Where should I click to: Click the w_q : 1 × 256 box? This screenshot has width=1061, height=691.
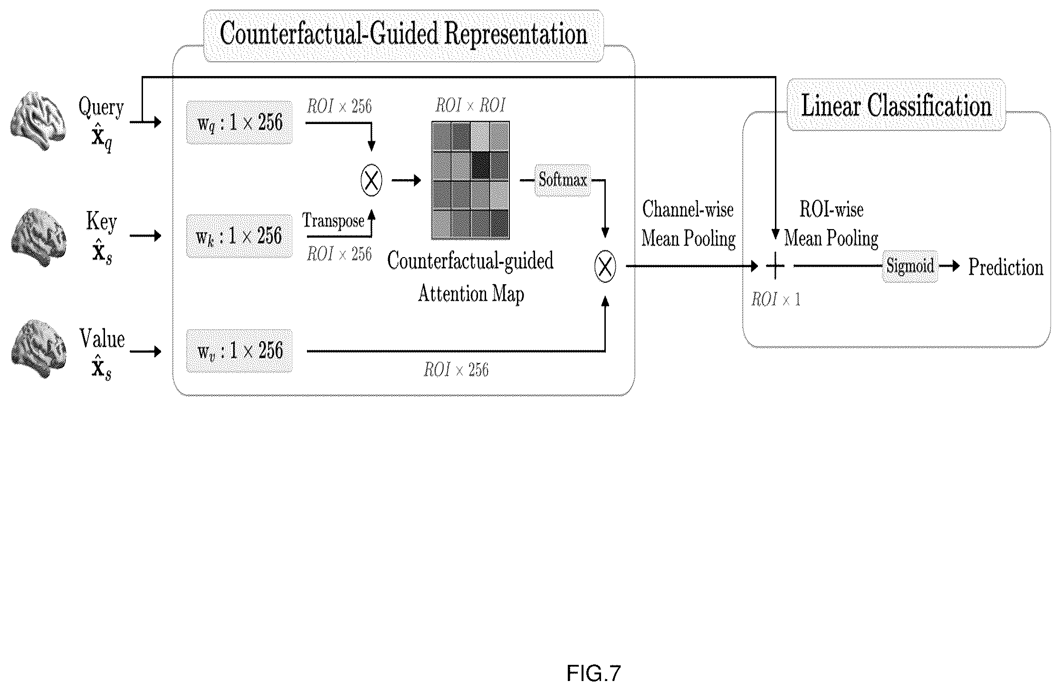pos(239,123)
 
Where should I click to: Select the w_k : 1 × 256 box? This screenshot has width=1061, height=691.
pos(239,236)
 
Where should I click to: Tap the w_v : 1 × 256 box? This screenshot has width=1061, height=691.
pos(239,351)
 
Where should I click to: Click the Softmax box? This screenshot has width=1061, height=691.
pos(563,181)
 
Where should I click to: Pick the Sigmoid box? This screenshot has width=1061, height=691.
pos(910,267)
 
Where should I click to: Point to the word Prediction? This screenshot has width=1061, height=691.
pos(1006,268)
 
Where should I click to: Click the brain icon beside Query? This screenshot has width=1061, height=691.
pos(38,122)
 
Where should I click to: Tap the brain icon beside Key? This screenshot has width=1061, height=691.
pos(38,236)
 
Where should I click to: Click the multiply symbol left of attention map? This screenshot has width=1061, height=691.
pos(371,181)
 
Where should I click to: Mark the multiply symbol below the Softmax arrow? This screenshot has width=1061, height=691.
pos(605,267)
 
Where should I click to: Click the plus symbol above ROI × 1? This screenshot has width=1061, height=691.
pos(775,266)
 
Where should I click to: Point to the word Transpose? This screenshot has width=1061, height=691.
pos(334,221)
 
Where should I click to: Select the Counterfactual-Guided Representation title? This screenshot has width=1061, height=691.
pos(403,34)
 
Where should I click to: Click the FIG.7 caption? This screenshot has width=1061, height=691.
pos(593,673)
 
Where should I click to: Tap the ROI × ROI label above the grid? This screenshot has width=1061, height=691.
pos(470,106)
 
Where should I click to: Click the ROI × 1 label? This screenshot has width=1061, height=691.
pos(775,299)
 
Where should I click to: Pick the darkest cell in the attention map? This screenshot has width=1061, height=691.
pos(480,165)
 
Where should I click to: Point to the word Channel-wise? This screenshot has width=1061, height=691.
pos(688,209)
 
